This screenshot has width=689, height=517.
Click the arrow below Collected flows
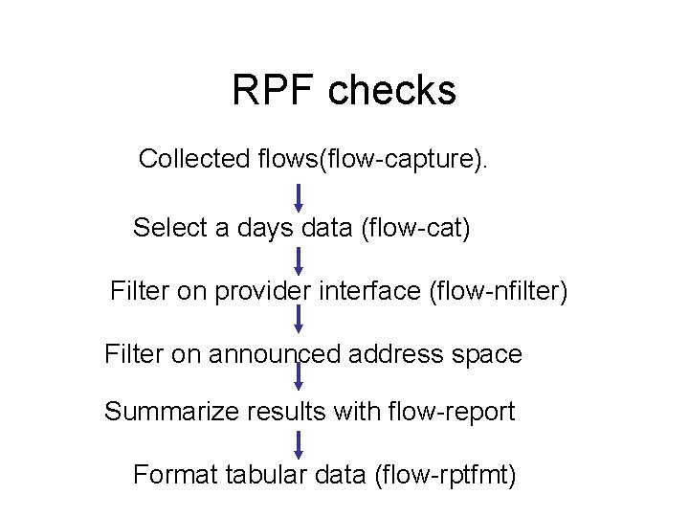click(x=299, y=197)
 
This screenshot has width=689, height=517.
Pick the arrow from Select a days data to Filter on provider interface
click(x=299, y=260)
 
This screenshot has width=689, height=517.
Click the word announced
click(x=281, y=354)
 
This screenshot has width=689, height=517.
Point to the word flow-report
click(x=449, y=412)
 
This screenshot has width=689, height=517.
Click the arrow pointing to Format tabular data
click(x=299, y=443)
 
